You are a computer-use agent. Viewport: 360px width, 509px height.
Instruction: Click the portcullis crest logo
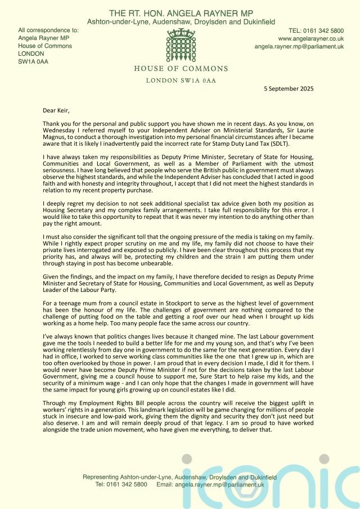click(181, 47)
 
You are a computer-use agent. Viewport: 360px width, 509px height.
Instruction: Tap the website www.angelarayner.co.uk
click(311, 39)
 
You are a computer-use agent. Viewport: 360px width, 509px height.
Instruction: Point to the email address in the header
click(299, 47)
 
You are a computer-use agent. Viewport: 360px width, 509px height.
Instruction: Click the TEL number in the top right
click(316, 30)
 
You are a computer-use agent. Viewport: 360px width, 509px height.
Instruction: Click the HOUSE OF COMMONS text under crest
click(181, 69)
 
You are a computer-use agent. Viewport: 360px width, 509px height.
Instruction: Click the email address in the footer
click(218, 484)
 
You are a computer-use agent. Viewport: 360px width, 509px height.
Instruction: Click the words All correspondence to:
click(48, 30)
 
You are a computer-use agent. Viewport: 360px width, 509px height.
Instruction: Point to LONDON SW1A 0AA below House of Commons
click(181, 80)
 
